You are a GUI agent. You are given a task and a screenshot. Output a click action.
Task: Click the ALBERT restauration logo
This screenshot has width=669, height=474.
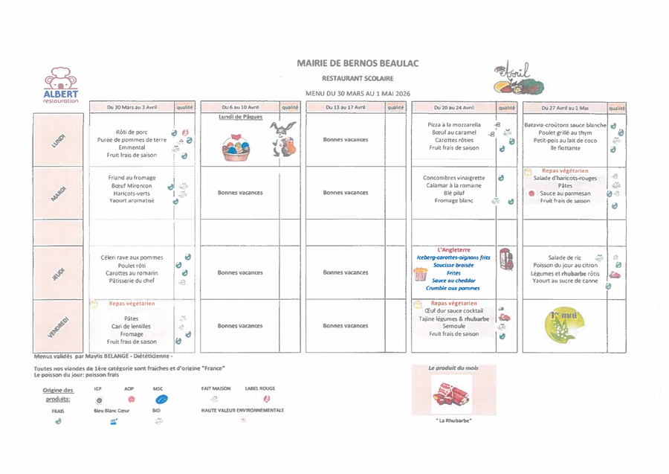pyautogui.click(x=60, y=84)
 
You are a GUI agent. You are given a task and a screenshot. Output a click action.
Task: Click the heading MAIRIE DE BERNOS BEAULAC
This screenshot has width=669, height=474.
pyautogui.click(x=358, y=63)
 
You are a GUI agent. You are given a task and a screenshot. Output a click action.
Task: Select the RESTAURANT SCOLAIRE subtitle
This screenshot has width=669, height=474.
pyautogui.click(x=358, y=78)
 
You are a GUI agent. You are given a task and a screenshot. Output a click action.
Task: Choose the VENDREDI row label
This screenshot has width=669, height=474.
pyautogui.click(x=59, y=326)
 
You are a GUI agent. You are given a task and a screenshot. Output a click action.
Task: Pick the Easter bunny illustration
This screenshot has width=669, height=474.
pyautogui.click(x=283, y=138)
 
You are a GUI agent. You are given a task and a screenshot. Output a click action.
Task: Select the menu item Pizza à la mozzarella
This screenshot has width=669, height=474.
pyautogui.click(x=454, y=125)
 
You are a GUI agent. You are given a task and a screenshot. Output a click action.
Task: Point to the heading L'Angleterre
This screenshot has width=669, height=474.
pyautogui.click(x=454, y=250)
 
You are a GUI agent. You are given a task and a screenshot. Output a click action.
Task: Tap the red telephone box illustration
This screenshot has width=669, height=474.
pyautogui.click(x=505, y=260)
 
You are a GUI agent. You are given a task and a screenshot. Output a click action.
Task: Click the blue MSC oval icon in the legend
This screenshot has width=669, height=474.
pyautogui.click(x=161, y=399)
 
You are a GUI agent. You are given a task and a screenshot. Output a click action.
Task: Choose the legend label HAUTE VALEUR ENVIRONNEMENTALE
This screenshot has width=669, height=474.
pyautogui.click(x=242, y=410)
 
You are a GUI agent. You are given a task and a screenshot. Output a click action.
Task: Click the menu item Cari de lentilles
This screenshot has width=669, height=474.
pyautogui.click(x=132, y=327)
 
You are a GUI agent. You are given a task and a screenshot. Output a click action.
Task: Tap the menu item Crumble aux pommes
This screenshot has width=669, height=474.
pyautogui.click(x=453, y=288)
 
